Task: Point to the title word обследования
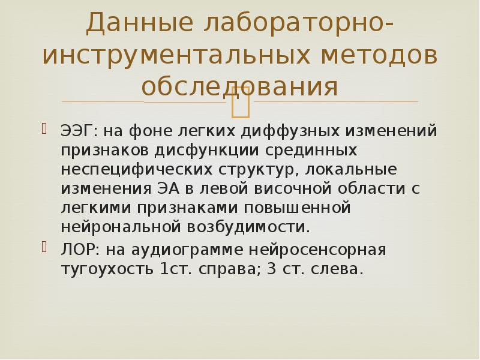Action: pos(239,86)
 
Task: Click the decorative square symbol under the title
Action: pos(240,101)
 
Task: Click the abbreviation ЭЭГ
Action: pos(76,130)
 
